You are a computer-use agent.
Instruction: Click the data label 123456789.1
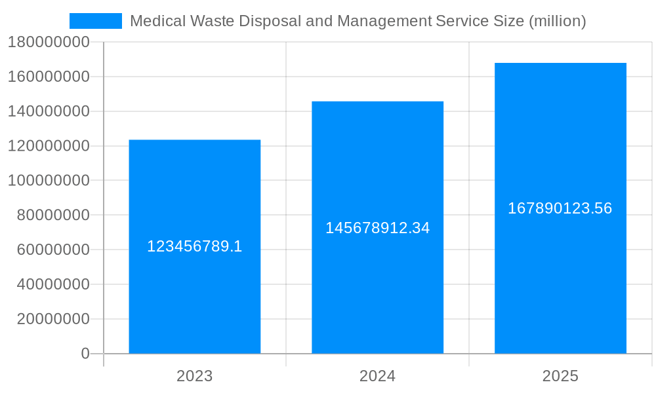click(195, 246)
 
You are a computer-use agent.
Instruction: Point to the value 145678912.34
click(377, 228)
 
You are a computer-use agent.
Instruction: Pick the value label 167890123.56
click(560, 208)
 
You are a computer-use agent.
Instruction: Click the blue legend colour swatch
click(96, 21)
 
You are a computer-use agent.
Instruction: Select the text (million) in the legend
click(557, 21)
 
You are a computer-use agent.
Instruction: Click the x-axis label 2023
click(195, 376)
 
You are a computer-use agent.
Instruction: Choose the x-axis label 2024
click(377, 376)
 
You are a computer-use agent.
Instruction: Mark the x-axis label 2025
click(560, 376)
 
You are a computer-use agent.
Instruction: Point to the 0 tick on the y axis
click(85, 354)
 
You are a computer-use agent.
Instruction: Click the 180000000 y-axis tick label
click(49, 43)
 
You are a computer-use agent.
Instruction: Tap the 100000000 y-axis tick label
click(49, 181)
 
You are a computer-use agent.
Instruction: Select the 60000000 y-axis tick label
click(52, 250)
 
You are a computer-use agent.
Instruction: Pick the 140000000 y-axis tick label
click(49, 111)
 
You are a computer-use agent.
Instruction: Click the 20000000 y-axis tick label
click(52, 320)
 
